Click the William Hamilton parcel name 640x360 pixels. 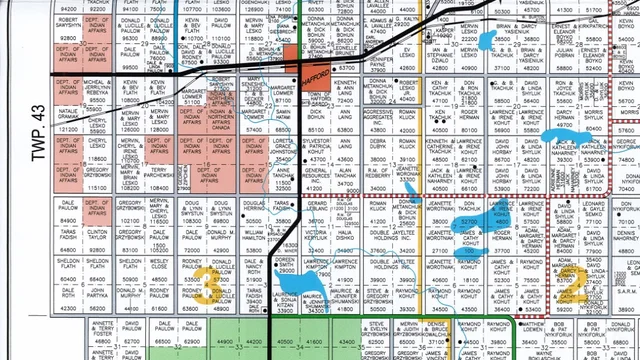pyautogui.click(x=255, y=234)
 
